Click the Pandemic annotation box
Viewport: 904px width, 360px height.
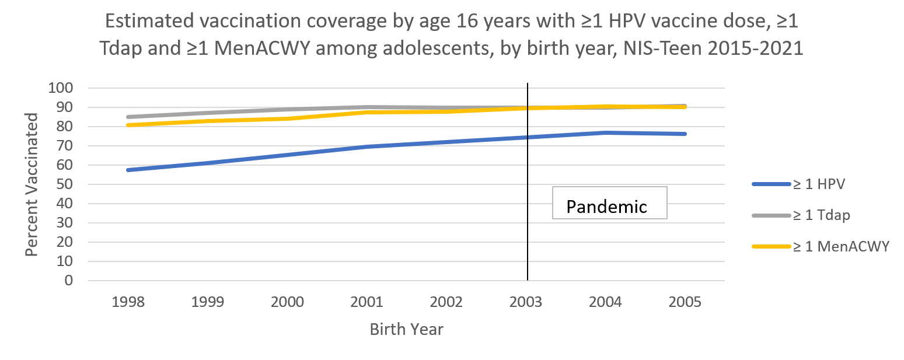(x=609, y=203)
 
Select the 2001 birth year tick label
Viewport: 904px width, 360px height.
(x=367, y=302)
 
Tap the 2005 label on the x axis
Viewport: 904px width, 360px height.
(x=686, y=302)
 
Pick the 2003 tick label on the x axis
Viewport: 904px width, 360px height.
(x=526, y=302)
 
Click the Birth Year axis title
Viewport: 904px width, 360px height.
(x=406, y=329)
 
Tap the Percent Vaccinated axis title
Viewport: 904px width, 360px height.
(x=32, y=184)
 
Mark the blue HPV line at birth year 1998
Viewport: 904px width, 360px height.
(x=128, y=170)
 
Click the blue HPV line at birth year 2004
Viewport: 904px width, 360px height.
(x=606, y=133)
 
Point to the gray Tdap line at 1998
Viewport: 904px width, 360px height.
(x=128, y=117)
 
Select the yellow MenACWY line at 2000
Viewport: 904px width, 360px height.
(x=288, y=118)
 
